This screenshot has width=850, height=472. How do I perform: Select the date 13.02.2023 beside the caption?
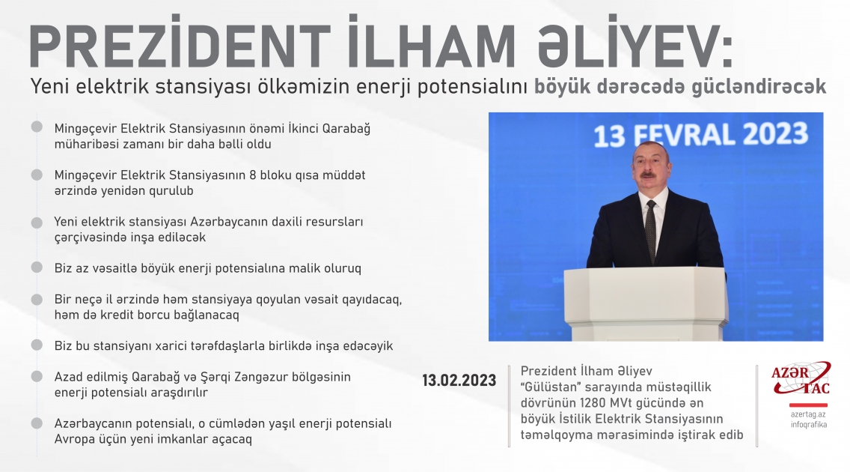[459, 381]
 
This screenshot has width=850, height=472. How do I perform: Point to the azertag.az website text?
[808, 414]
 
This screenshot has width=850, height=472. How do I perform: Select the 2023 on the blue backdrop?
[771, 135]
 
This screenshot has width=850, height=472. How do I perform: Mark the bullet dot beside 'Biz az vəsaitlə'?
[37, 267]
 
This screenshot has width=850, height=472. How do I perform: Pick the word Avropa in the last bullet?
[73, 439]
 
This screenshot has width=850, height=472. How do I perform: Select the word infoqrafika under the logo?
[808, 426]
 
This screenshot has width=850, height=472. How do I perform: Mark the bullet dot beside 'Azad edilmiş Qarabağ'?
[37, 377]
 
